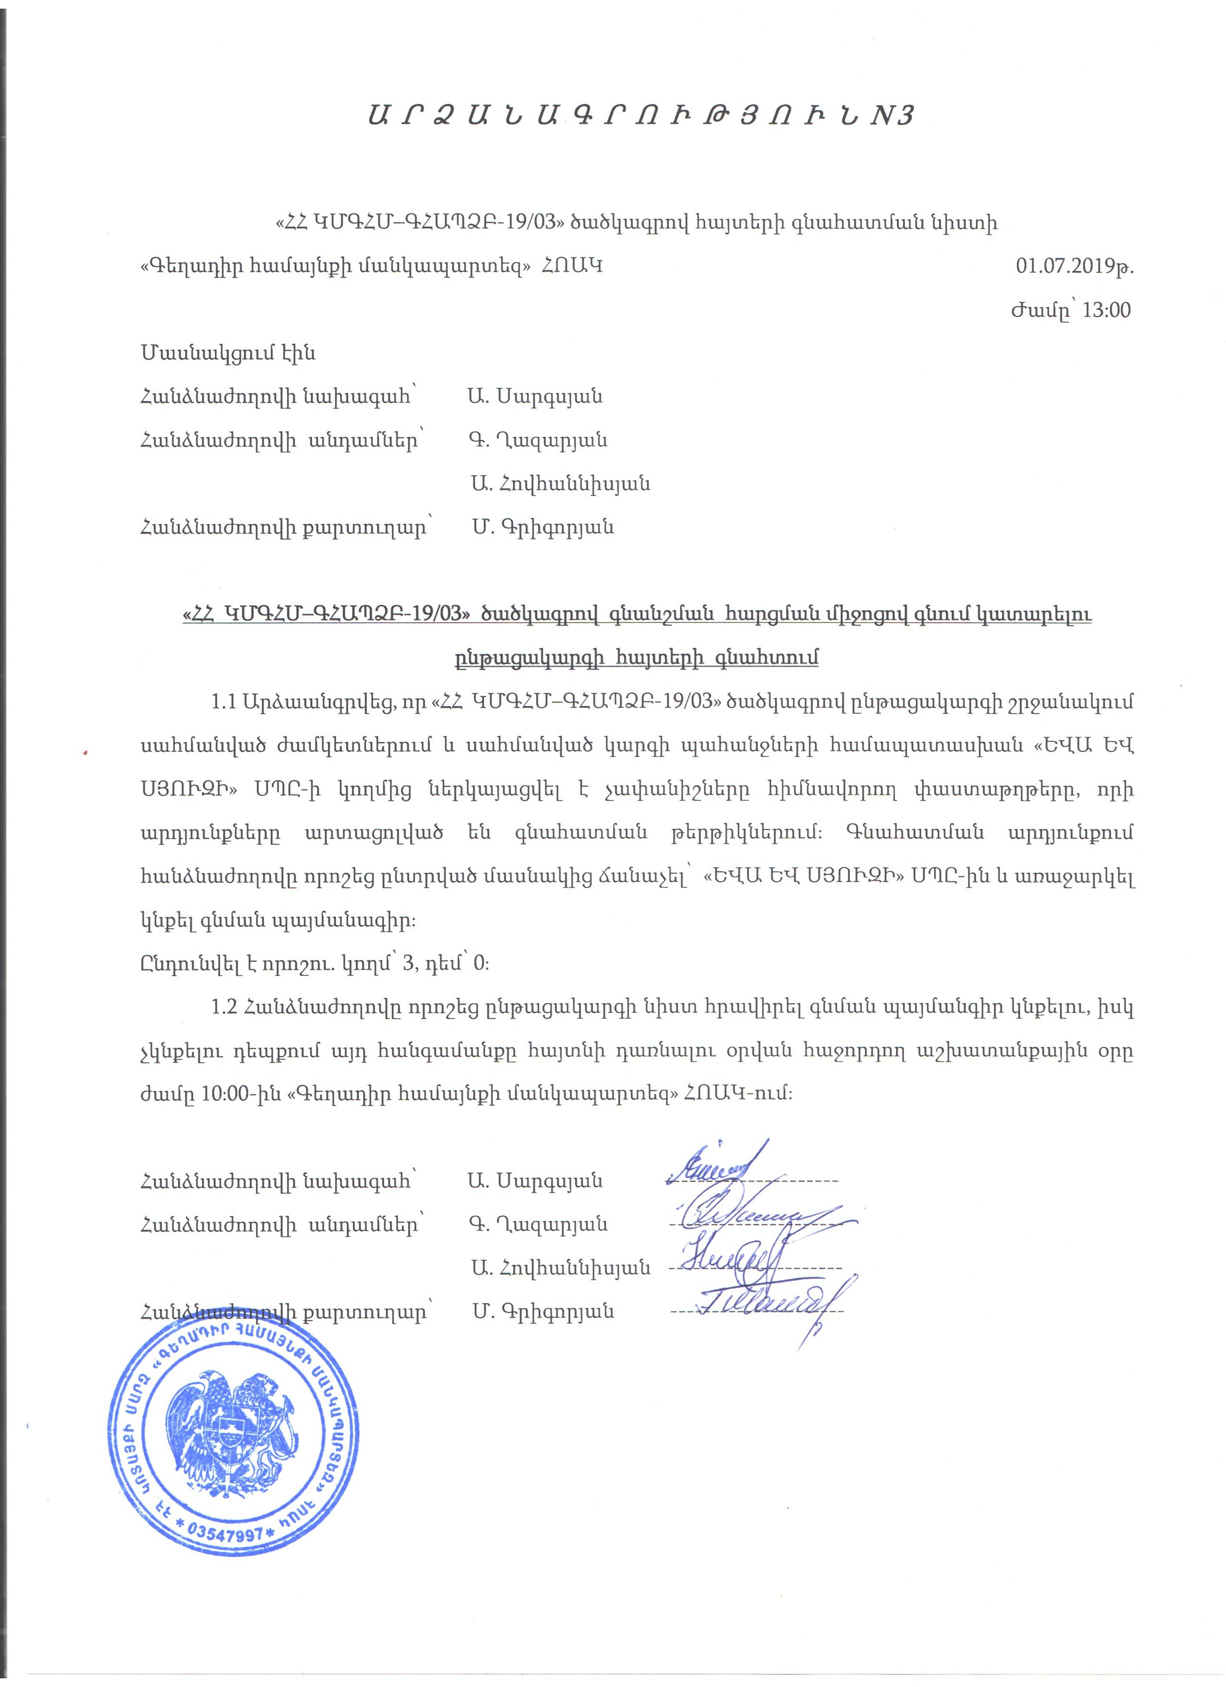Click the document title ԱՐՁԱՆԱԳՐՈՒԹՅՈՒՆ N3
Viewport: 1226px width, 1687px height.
640,116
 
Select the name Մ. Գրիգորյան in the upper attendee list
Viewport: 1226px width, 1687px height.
543,528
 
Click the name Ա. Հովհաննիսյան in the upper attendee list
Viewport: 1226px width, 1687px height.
560,484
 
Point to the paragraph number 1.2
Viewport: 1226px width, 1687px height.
224,1008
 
